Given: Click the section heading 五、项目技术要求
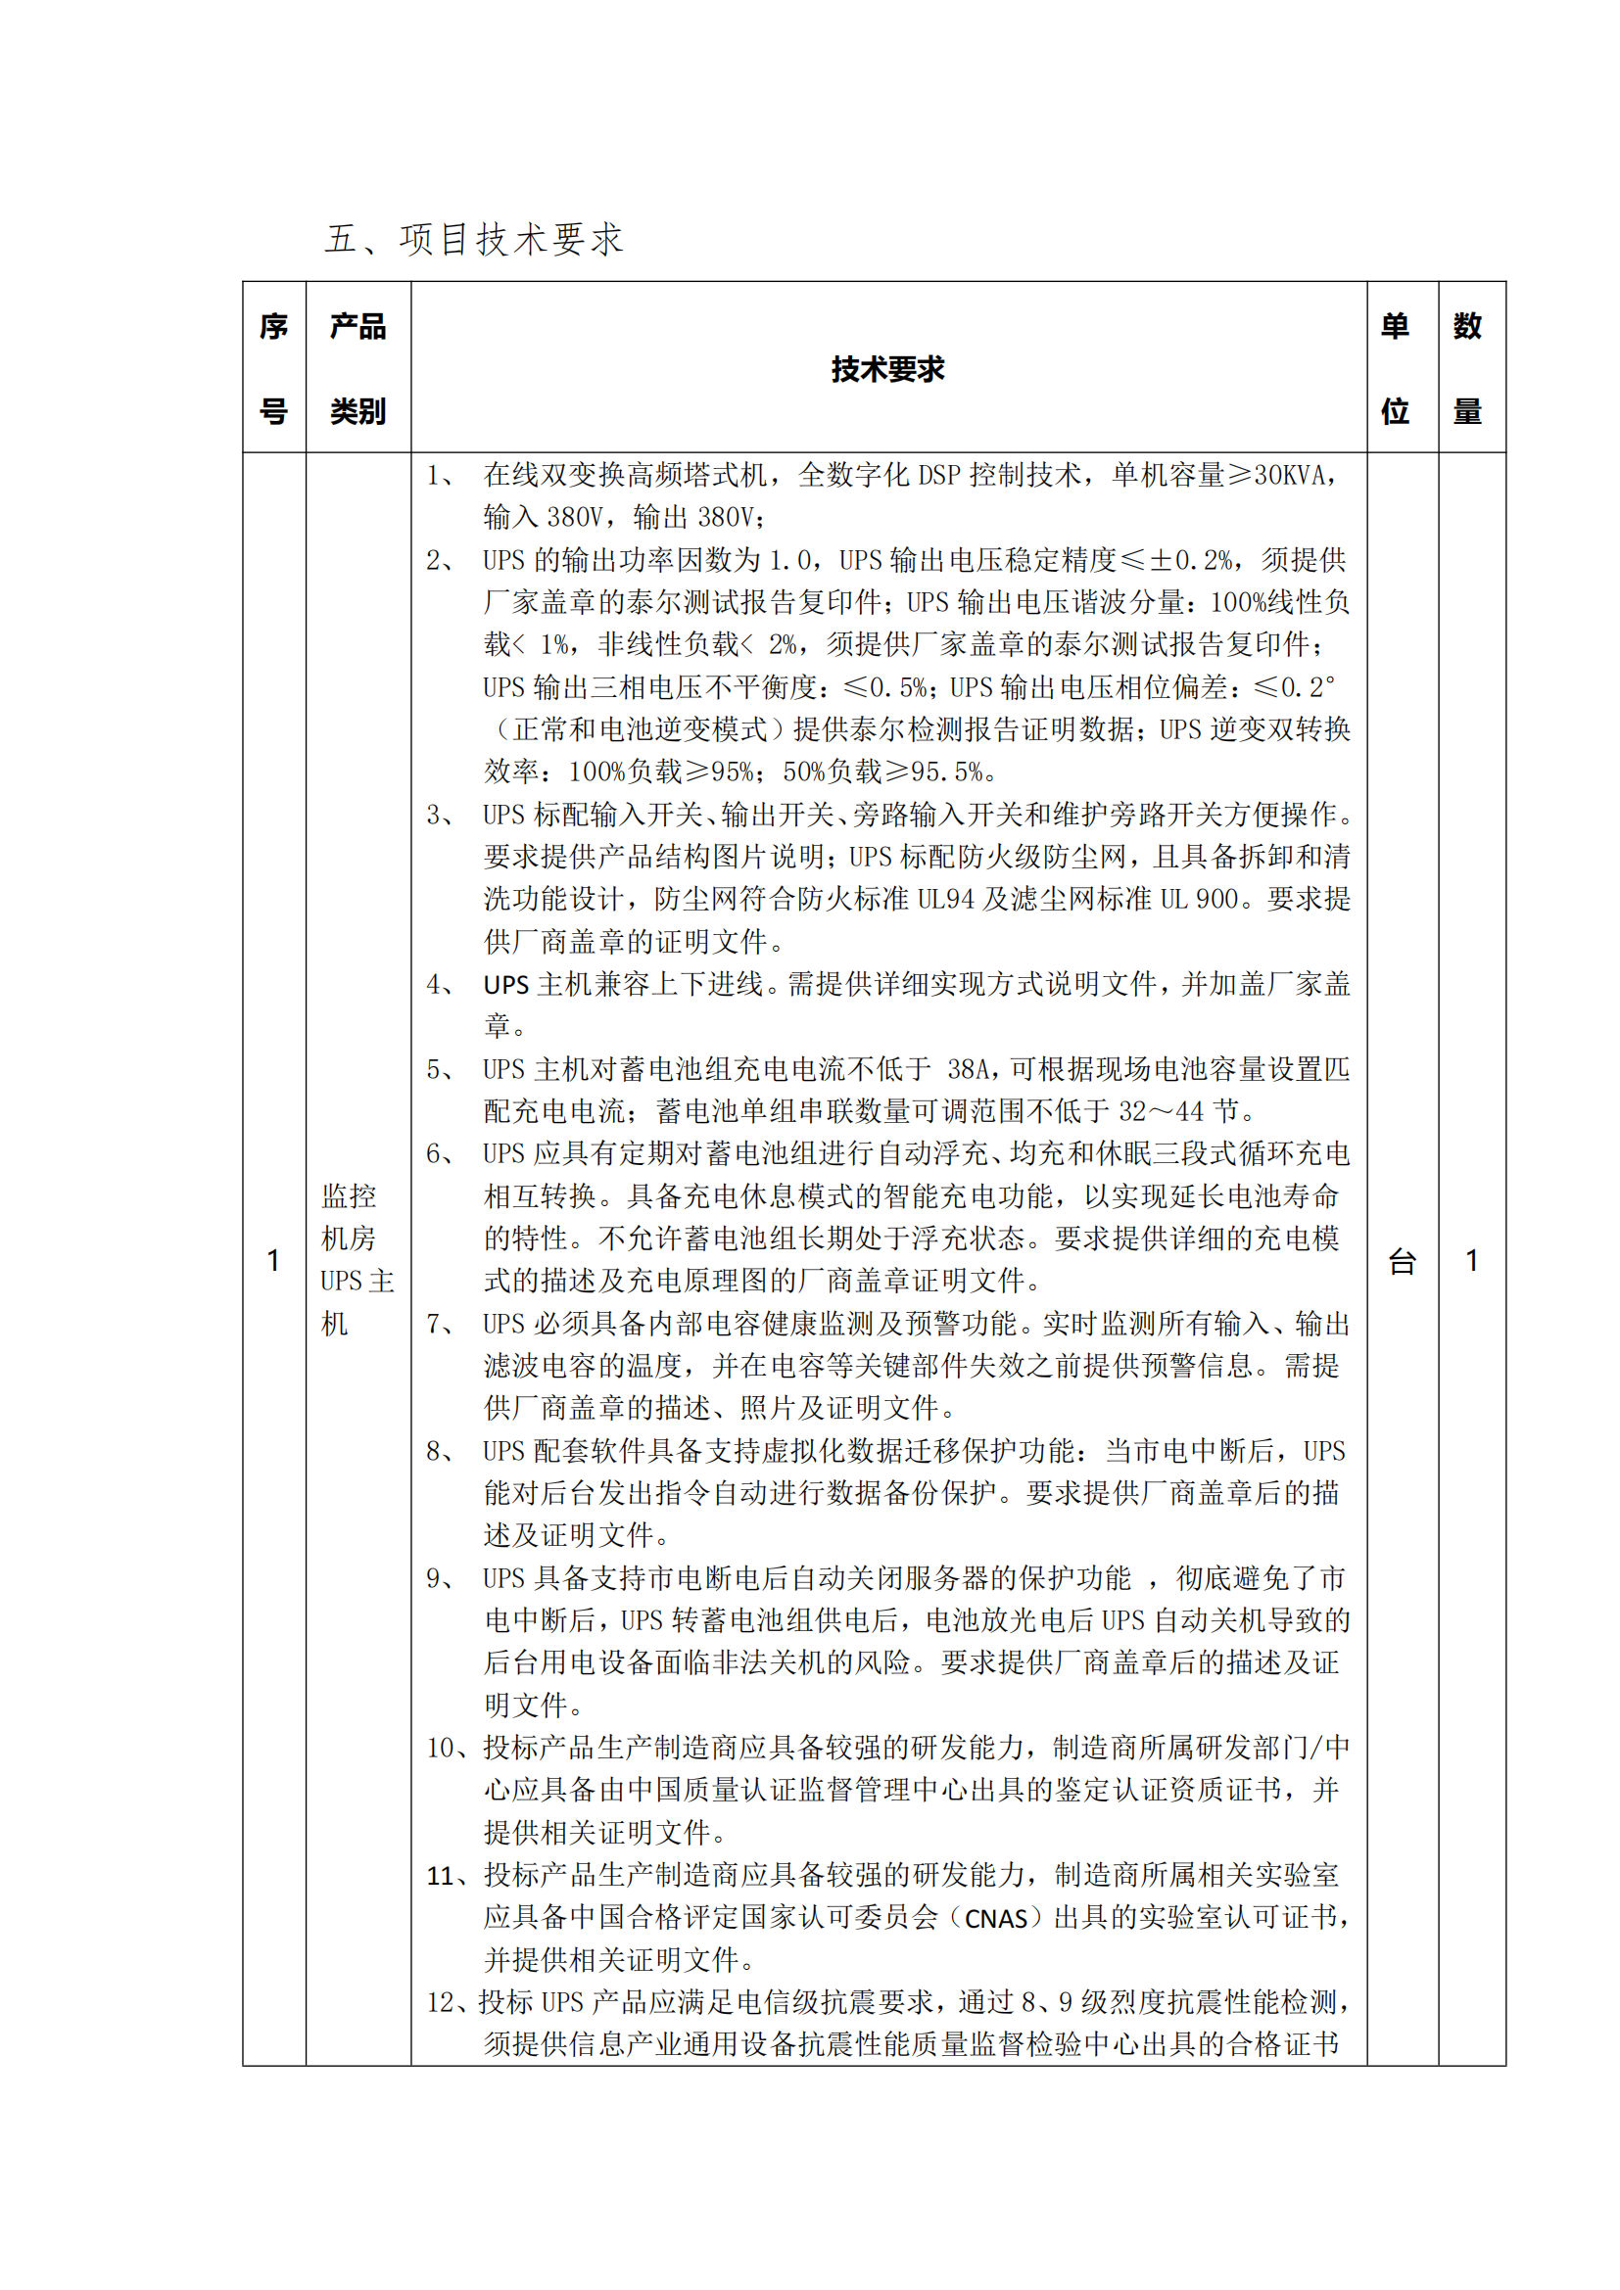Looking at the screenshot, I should (474, 239).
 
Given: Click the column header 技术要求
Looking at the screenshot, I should (886, 369).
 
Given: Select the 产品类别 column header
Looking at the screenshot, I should (358, 368).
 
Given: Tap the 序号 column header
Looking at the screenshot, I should (273, 368).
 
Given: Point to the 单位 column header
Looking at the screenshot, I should (1395, 368).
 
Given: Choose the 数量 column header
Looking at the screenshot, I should (1466, 368).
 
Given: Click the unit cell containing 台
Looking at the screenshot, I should (1403, 1262).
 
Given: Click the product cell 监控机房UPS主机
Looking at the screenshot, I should (357, 1259).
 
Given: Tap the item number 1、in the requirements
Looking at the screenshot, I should (440, 476).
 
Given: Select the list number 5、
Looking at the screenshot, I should (440, 1070).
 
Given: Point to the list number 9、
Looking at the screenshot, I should (440, 1578).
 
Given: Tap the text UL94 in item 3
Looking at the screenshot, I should (944, 900).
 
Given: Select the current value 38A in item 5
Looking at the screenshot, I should (967, 1070).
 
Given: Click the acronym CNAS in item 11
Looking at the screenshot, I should (995, 1919).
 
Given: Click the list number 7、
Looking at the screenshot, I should (440, 1325).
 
